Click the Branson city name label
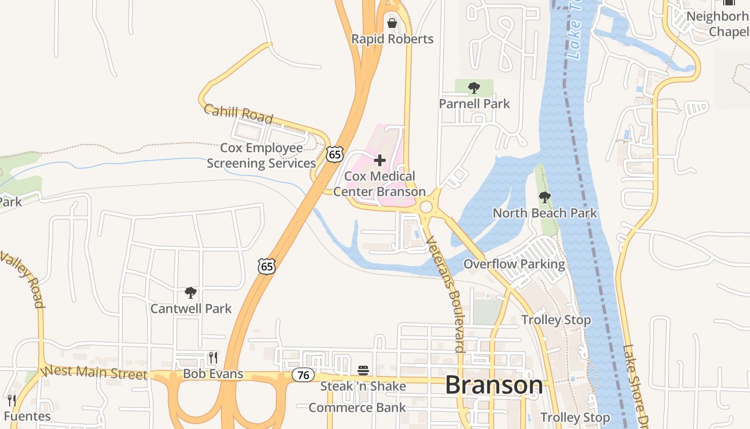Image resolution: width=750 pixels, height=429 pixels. [493, 385]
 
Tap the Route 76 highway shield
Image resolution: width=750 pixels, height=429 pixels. [303, 375]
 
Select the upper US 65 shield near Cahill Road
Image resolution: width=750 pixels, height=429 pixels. [335, 154]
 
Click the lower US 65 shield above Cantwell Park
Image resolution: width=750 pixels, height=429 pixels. [267, 265]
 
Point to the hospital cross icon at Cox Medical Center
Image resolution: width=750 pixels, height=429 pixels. [380, 160]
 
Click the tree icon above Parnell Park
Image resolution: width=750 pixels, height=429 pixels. [474, 87]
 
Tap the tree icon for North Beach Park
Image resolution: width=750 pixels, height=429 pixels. [545, 197]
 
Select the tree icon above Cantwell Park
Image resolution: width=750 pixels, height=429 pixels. [190, 293]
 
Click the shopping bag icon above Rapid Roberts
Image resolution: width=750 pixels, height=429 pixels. [392, 23]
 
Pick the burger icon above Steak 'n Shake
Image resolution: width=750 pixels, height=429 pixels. [363, 370]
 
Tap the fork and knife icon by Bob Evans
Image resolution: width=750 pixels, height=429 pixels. [213, 357]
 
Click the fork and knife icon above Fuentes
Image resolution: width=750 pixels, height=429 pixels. [12, 400]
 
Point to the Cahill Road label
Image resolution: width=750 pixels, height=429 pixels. [238, 114]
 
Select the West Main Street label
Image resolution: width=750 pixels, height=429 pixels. [94, 372]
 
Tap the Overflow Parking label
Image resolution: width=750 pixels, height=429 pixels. [514, 264]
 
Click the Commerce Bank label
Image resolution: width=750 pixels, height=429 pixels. [357, 408]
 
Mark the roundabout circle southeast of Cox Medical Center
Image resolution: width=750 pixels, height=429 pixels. [426, 207]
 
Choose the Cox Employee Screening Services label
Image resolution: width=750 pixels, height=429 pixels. [261, 156]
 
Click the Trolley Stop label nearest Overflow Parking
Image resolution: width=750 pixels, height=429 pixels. [556, 320]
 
